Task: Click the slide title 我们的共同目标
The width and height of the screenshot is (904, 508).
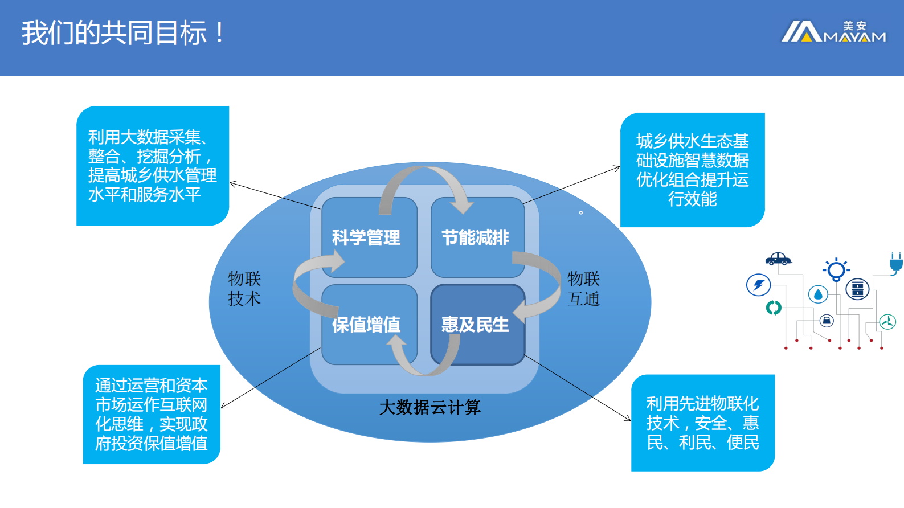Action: pyautogui.click(x=123, y=33)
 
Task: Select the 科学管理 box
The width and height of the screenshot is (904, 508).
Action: pyautogui.click(x=366, y=237)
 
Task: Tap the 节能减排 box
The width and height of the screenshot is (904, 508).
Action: pyautogui.click(x=476, y=237)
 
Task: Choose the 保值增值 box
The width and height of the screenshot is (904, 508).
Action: pyautogui.click(x=366, y=325)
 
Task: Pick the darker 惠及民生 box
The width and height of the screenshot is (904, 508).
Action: pyautogui.click(x=476, y=325)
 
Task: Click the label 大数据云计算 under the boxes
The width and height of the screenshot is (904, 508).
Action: pyautogui.click(x=430, y=407)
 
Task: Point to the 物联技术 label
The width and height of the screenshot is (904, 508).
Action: pyautogui.click(x=244, y=289)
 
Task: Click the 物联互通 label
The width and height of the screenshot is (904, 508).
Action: pyautogui.click(x=583, y=289)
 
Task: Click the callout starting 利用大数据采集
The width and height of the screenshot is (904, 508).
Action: pyautogui.click(x=152, y=166)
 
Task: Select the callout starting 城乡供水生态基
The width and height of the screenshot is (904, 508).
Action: pyautogui.click(x=692, y=170)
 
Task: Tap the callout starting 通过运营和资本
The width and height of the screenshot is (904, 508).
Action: pyautogui.click(x=151, y=414)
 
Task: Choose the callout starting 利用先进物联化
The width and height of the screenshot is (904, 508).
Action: pyautogui.click(x=702, y=423)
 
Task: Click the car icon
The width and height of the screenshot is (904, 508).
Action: pyautogui.click(x=778, y=259)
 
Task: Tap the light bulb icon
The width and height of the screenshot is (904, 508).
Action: pyautogui.click(x=836, y=269)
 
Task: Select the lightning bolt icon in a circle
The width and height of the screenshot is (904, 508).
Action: pyautogui.click(x=758, y=285)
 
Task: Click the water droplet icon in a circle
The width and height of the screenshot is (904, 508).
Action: pyautogui.click(x=818, y=294)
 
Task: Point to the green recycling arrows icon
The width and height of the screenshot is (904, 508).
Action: pyautogui.click(x=774, y=308)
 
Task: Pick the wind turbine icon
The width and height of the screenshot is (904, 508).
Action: pyautogui.click(x=887, y=322)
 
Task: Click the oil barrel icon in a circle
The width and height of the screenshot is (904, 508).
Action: pyautogui.click(x=857, y=289)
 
